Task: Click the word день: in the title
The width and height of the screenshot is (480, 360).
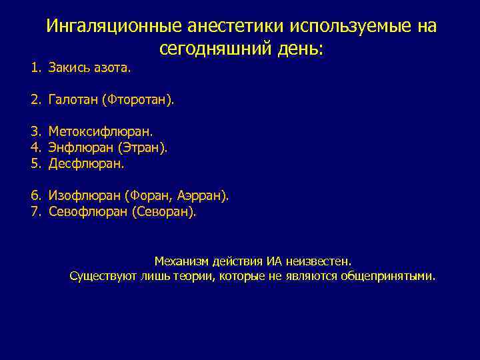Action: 298,49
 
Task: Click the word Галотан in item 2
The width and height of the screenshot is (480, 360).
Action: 71,101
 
